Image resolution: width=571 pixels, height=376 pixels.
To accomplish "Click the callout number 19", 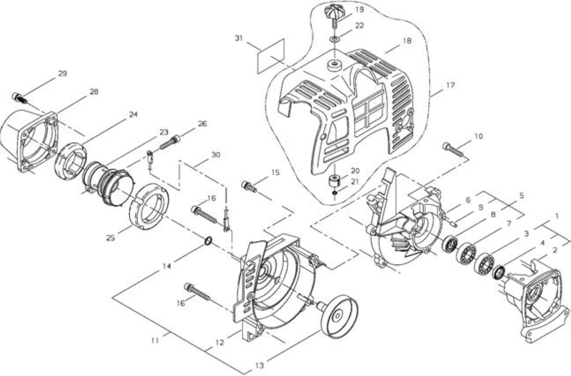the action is [360, 10].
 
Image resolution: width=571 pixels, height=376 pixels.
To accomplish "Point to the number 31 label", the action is [239, 38].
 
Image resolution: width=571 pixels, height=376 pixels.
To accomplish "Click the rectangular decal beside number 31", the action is [271, 56].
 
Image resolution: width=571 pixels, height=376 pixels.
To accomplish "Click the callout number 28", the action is [94, 91].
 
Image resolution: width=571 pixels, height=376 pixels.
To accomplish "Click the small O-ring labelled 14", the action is [208, 240].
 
